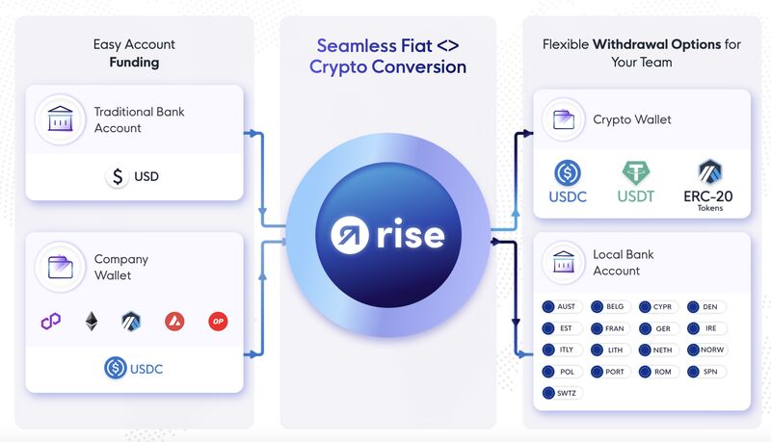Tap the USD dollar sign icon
tap(118, 177)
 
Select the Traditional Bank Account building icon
tap(61, 119)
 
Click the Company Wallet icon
tap(61, 267)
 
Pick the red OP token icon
tap(219, 322)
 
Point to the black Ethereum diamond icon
tap(92, 322)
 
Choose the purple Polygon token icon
tap(50, 322)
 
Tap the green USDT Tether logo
tap(636, 173)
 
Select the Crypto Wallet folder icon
tap(567, 119)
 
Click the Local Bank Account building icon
tap(567, 262)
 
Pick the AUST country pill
tap(560, 307)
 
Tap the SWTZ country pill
tap(560, 393)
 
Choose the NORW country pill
tap(707, 350)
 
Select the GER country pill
tap(657, 328)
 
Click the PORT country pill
tap(609, 372)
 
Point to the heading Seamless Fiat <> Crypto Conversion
tap(387, 56)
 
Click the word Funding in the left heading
tap(134, 63)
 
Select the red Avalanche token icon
tap(174, 322)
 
